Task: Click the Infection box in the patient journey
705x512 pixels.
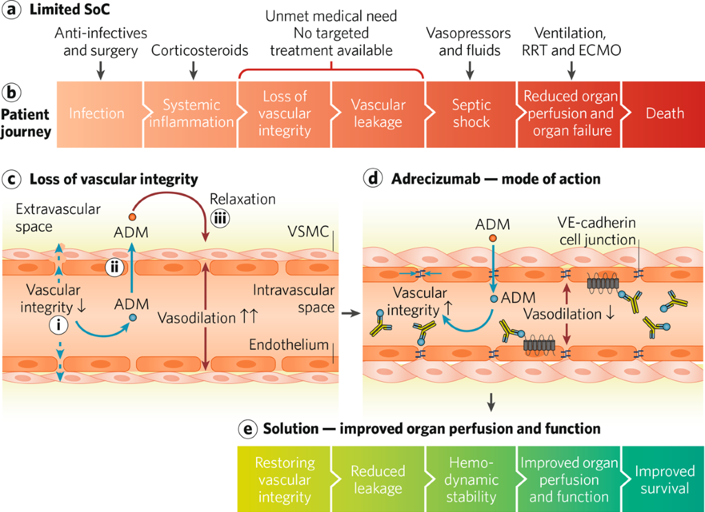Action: pos(97,114)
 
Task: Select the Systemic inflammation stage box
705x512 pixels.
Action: pos(191,114)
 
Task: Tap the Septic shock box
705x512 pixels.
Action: pos(472,114)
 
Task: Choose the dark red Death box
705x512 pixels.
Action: pos(664,114)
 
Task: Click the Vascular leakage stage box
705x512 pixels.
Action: pos(377,114)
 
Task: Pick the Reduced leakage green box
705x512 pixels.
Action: pos(377,480)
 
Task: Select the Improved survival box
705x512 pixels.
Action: pos(664,480)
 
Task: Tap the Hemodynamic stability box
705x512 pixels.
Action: pos(472,480)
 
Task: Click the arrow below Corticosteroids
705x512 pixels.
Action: pos(193,69)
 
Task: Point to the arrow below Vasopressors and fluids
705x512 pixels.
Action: pos(470,69)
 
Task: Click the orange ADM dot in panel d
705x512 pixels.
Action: pos(492,238)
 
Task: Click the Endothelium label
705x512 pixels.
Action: pos(297,344)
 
